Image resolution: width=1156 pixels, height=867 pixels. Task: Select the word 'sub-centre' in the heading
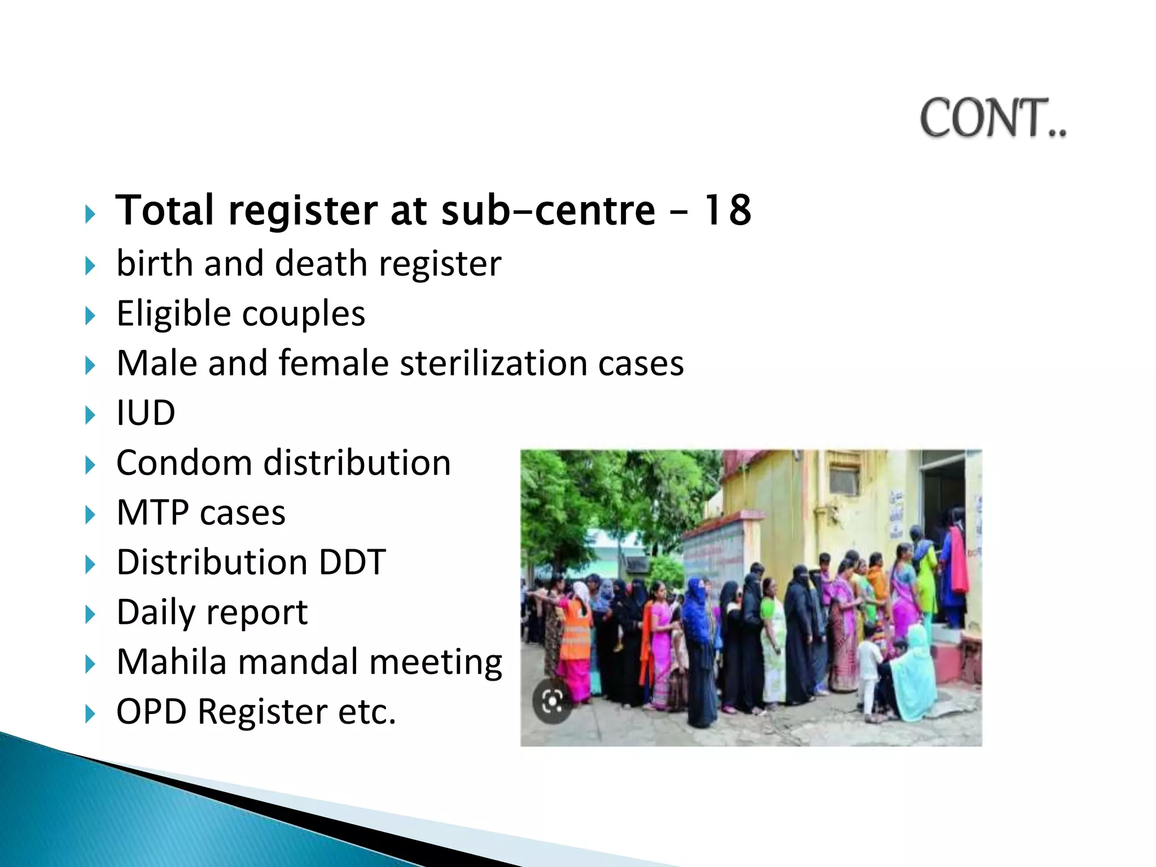tap(548, 210)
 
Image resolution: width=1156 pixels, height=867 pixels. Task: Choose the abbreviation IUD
tap(146, 413)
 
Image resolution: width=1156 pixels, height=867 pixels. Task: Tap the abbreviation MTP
tap(152, 513)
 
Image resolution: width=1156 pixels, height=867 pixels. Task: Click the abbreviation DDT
tap(352, 562)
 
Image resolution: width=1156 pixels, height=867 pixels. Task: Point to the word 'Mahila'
tap(171, 662)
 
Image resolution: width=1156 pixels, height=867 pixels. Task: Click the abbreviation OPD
tap(151, 711)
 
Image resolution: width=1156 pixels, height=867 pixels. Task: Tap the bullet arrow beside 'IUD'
tap(90, 415)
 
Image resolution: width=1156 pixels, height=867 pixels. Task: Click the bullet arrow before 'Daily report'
tap(90, 614)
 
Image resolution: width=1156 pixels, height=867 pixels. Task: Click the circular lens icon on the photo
tap(552, 702)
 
